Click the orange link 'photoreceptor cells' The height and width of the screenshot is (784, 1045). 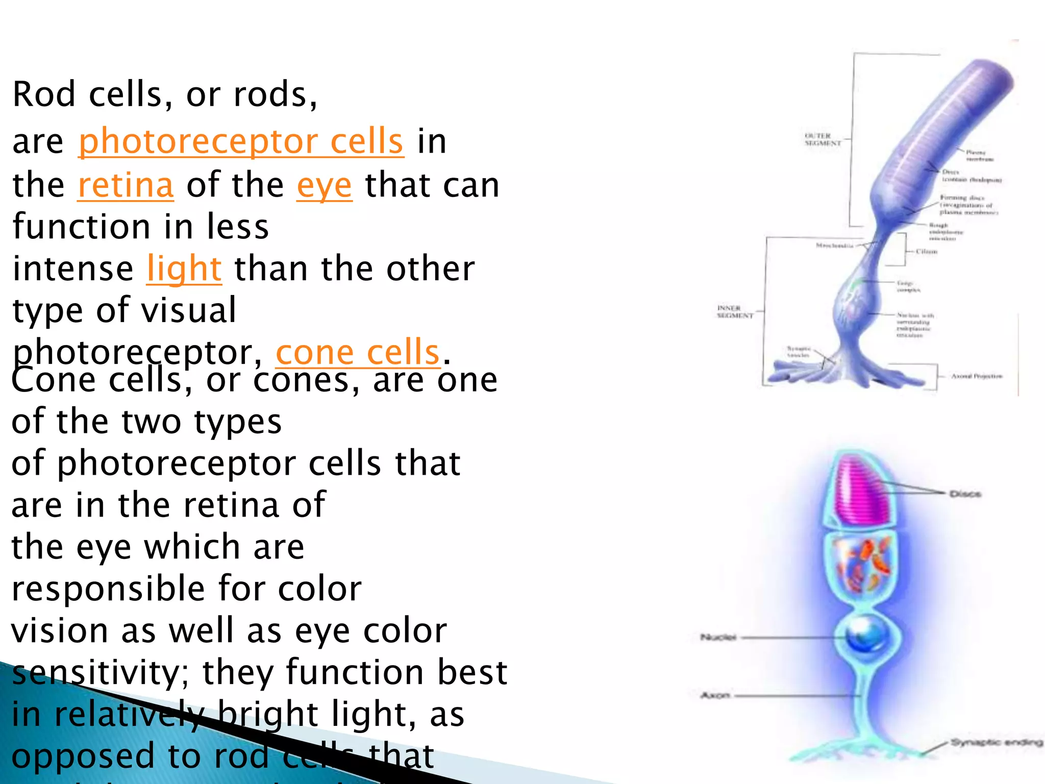(241, 141)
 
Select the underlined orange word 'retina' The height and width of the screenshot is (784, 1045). (126, 185)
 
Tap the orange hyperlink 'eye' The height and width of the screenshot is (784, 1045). (325, 185)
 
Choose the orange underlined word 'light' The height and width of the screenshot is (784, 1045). (184, 268)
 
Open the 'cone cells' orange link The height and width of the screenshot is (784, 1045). (358, 352)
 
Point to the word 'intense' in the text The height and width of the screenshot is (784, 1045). (73, 268)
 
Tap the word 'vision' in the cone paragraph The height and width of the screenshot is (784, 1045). (59, 630)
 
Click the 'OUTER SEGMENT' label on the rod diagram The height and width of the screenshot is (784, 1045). (823, 140)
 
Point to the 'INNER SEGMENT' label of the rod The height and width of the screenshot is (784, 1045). (735, 312)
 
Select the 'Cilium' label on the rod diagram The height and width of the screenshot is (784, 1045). (927, 252)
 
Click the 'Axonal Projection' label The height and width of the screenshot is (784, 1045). (977, 376)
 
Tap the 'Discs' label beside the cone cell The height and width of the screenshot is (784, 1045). (965, 494)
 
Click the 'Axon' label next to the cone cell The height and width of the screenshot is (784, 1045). (715, 695)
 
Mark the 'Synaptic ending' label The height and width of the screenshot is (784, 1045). (996, 742)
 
